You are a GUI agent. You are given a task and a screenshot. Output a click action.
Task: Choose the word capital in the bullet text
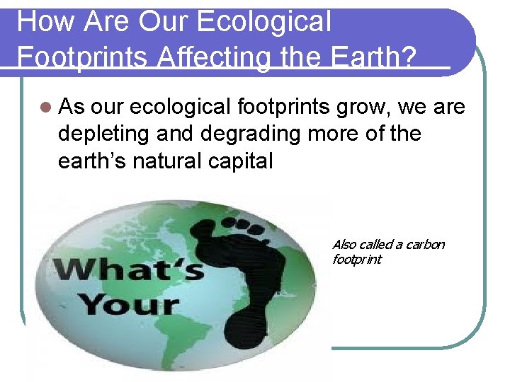[237, 161]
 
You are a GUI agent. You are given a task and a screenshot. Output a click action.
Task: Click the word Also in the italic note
[345, 245]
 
